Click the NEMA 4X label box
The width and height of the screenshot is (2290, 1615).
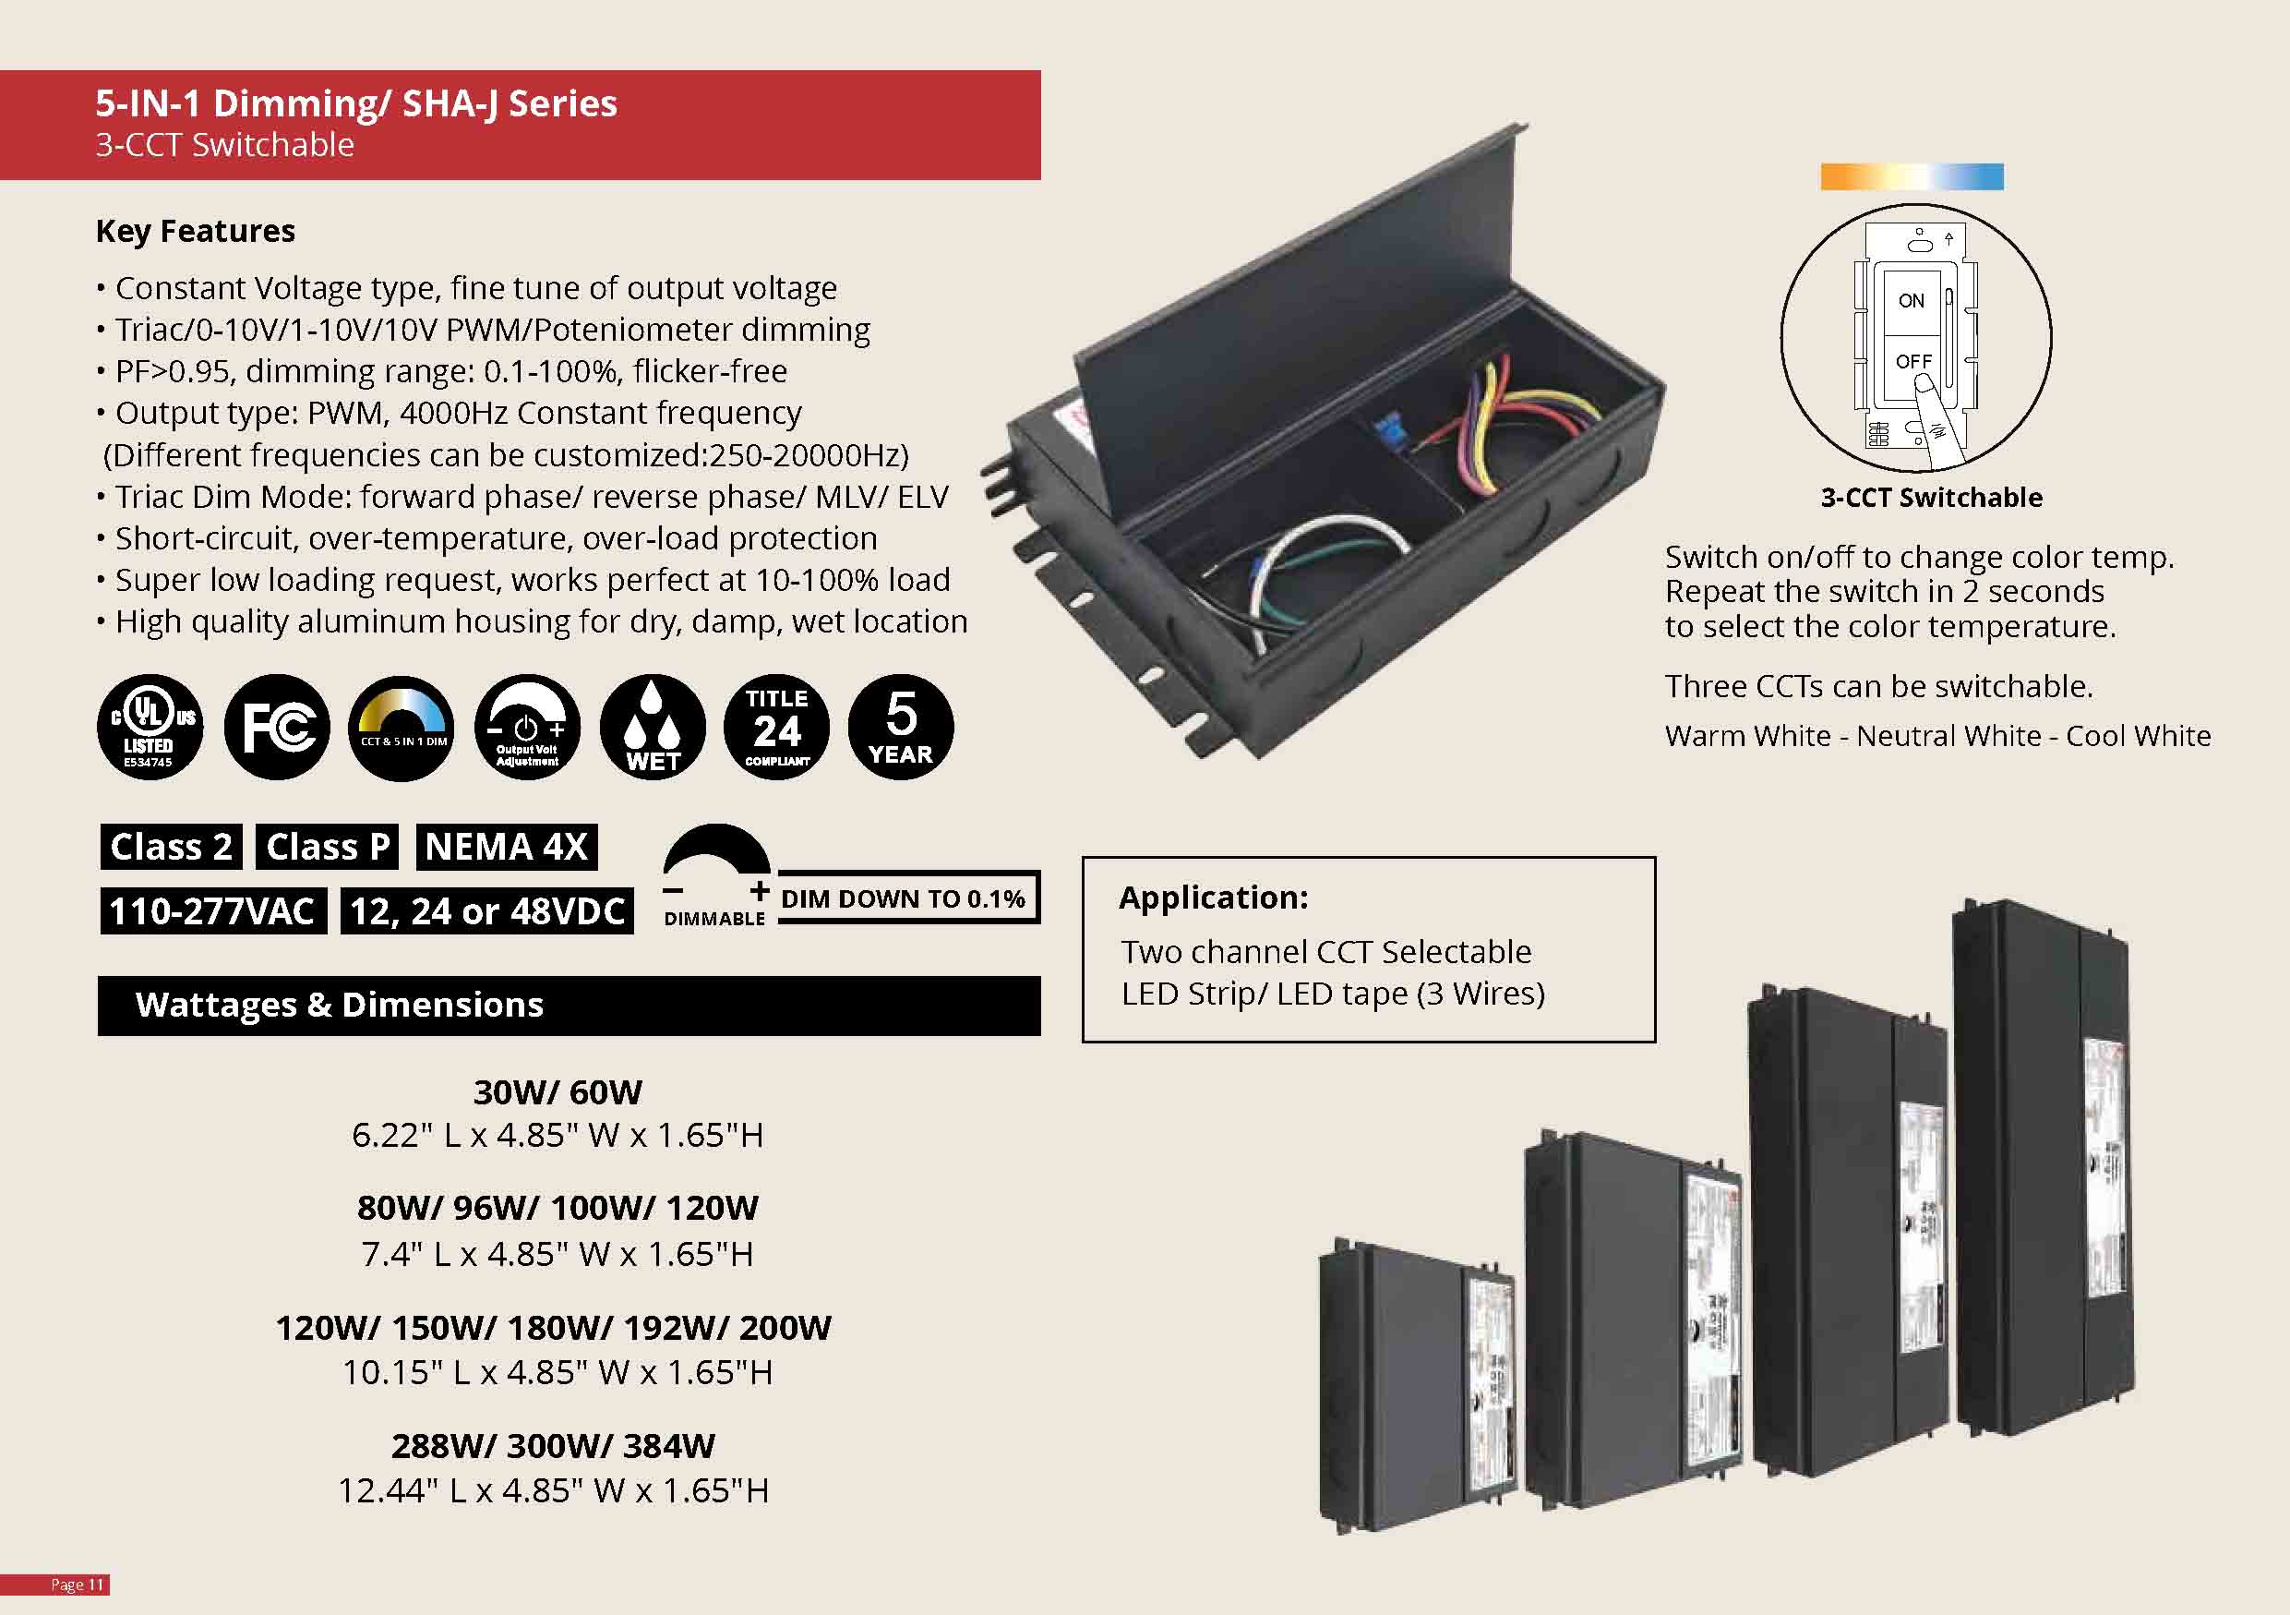tap(506, 847)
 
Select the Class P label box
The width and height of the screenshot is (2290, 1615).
tap(327, 847)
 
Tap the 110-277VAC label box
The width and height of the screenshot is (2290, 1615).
tap(212, 910)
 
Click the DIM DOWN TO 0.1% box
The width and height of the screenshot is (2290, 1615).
tap(904, 898)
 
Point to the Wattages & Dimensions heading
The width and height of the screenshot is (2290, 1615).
tap(339, 1005)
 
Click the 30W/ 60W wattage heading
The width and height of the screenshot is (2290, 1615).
tap(558, 1092)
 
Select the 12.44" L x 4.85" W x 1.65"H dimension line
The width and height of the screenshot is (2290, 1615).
tap(554, 1490)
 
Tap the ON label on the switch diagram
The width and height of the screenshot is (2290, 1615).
tap(1911, 300)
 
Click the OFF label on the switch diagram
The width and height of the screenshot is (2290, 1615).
tap(1913, 360)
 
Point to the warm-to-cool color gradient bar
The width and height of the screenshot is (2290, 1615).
tap(1911, 177)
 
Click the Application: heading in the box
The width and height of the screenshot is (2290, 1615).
tap(1213, 898)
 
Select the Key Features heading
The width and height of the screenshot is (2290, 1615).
tap(196, 232)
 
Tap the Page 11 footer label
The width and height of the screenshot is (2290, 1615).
tap(78, 1585)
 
